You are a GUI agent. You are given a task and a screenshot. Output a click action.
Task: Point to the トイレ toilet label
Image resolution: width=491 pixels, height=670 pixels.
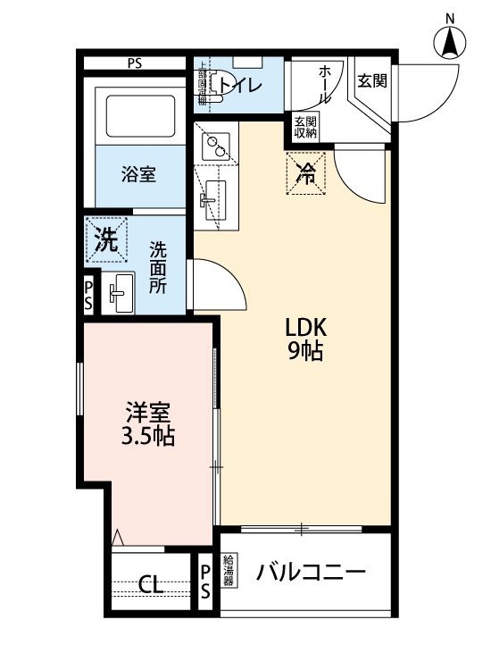point(240,86)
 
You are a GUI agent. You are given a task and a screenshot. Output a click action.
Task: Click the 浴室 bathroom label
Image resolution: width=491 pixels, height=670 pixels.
point(138,174)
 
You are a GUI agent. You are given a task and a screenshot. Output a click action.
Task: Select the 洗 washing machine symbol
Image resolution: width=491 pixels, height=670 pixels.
point(106,239)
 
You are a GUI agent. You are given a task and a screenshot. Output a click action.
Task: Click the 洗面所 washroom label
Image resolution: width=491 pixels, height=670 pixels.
point(159,267)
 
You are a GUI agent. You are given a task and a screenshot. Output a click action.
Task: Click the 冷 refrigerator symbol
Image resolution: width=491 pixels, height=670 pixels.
point(306,173)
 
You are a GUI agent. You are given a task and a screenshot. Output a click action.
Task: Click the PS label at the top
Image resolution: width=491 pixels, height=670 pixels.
point(135,63)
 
